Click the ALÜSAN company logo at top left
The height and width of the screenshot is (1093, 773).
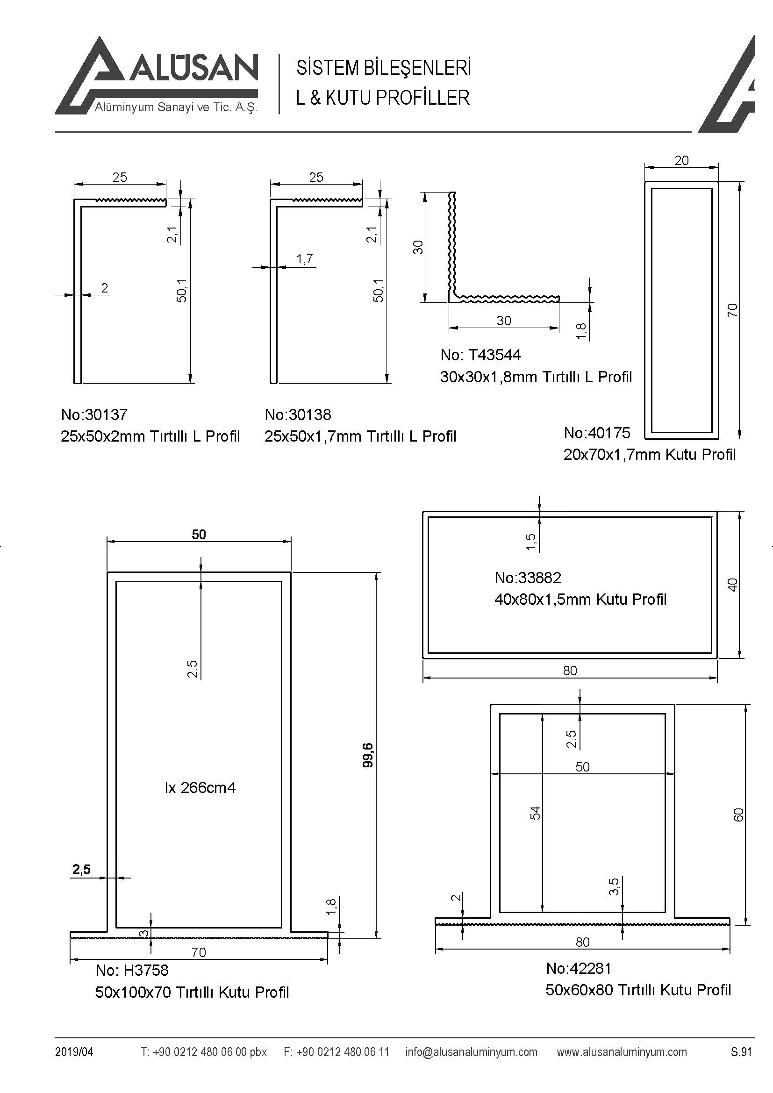(x=157, y=76)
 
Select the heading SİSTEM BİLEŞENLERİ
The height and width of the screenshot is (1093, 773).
(x=384, y=68)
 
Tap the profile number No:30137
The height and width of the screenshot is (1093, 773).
(x=94, y=414)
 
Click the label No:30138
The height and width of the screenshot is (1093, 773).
(x=298, y=414)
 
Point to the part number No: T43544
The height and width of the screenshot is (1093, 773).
(x=480, y=355)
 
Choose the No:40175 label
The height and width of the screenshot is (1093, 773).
(x=597, y=433)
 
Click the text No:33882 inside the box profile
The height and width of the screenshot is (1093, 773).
(x=528, y=578)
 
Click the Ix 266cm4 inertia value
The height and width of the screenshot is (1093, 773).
(x=200, y=788)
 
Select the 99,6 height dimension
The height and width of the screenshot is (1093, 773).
(x=368, y=755)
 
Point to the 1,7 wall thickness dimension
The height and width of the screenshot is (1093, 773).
(x=305, y=258)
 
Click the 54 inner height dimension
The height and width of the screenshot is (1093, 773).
(x=536, y=813)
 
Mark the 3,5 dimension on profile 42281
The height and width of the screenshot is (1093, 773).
(x=614, y=886)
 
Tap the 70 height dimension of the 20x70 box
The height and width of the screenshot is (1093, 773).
(x=732, y=310)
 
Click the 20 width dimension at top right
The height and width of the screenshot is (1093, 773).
(x=681, y=160)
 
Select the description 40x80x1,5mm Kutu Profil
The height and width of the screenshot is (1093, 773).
(x=580, y=599)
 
